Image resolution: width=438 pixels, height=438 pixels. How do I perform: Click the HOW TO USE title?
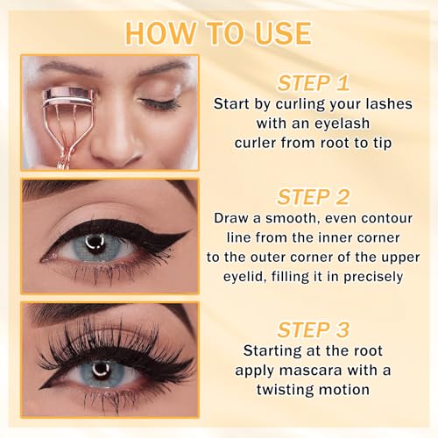point(218,32)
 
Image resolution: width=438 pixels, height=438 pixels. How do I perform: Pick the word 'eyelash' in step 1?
point(346,124)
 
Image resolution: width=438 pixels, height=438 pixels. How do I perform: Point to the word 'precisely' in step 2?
point(368,276)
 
